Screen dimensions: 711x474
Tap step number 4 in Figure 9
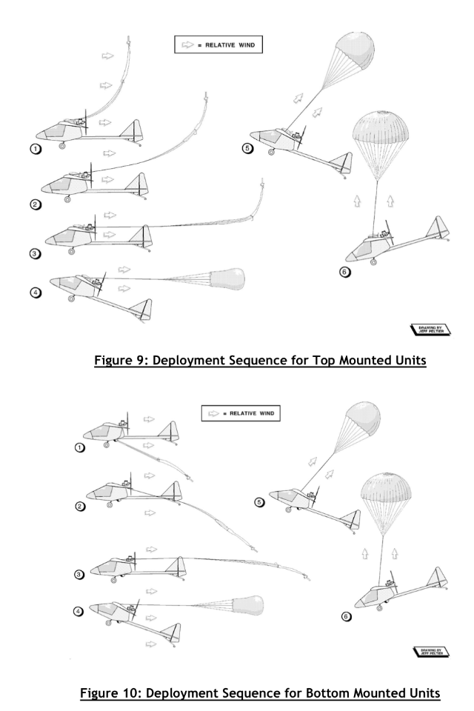33,292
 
